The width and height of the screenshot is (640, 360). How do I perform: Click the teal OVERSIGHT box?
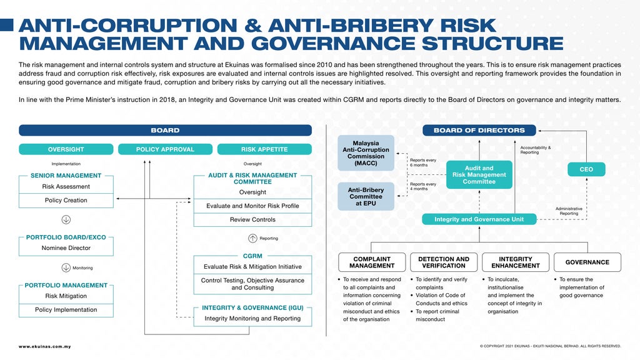(66, 149)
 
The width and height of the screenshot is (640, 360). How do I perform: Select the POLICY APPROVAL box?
(165, 149)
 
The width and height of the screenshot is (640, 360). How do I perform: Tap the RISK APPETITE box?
(264, 149)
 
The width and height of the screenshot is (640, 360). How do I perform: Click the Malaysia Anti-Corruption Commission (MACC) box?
(366, 153)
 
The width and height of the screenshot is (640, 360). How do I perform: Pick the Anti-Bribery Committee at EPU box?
(366, 196)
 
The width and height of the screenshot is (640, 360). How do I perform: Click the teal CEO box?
(586, 169)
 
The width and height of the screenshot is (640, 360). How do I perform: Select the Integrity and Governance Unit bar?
(479, 219)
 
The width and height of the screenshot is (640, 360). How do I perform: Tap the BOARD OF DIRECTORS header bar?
(479, 131)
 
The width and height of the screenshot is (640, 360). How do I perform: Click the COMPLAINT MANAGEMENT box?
(372, 262)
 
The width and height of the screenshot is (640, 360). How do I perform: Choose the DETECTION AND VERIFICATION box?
(444, 262)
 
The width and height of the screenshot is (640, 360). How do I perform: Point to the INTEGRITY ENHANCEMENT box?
(516, 262)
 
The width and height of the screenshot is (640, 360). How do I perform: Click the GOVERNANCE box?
(587, 262)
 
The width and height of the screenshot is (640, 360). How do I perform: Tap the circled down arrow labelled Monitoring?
(66, 268)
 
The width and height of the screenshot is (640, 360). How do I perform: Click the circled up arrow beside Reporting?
(252, 238)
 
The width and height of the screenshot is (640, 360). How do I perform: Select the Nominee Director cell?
(66, 248)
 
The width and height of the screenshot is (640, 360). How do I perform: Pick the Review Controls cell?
(252, 220)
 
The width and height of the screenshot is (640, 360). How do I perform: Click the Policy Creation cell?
(66, 201)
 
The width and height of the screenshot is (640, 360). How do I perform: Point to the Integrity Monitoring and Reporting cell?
(252, 319)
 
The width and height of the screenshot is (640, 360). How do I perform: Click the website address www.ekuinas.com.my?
(44, 346)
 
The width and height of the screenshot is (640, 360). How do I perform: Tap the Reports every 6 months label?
(423, 162)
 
